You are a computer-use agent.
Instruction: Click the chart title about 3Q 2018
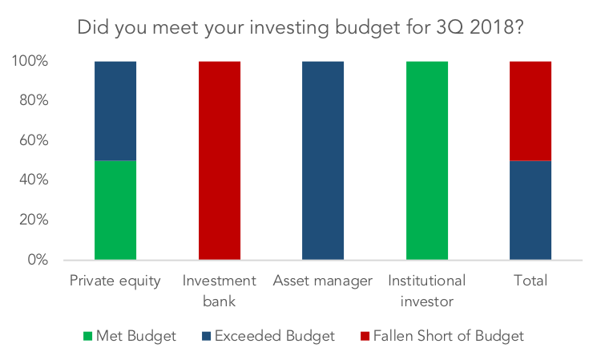pyautogui.click(x=300, y=27)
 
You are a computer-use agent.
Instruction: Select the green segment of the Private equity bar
pyautogui.click(x=115, y=210)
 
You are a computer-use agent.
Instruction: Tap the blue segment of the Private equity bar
pyautogui.click(x=115, y=111)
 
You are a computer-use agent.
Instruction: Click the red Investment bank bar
pyautogui.click(x=220, y=160)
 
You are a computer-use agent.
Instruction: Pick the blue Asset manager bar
pyautogui.click(x=323, y=160)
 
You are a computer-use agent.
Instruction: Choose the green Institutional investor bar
pyautogui.click(x=427, y=160)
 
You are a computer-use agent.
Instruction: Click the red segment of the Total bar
pyautogui.click(x=530, y=111)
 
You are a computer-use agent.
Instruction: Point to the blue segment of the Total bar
pyautogui.click(x=530, y=210)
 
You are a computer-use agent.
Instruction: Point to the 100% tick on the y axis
pyautogui.click(x=30, y=61)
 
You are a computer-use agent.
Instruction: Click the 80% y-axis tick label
pyautogui.click(x=34, y=100)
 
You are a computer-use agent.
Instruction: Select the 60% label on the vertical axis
pyautogui.click(x=34, y=140)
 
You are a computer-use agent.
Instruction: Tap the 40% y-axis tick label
pyautogui.click(x=34, y=180)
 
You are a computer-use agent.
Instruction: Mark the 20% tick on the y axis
pyautogui.click(x=34, y=220)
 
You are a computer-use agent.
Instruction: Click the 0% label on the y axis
pyautogui.click(x=38, y=259)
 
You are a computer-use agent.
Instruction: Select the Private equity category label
pyautogui.click(x=115, y=281)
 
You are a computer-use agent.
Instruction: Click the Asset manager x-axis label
pyautogui.click(x=323, y=281)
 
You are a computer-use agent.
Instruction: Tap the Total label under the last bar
pyautogui.click(x=530, y=281)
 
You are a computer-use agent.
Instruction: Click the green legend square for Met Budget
pyautogui.click(x=88, y=336)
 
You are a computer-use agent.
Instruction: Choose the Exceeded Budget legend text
pyautogui.click(x=275, y=336)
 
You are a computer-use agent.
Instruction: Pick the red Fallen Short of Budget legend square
pyautogui.click(x=365, y=336)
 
